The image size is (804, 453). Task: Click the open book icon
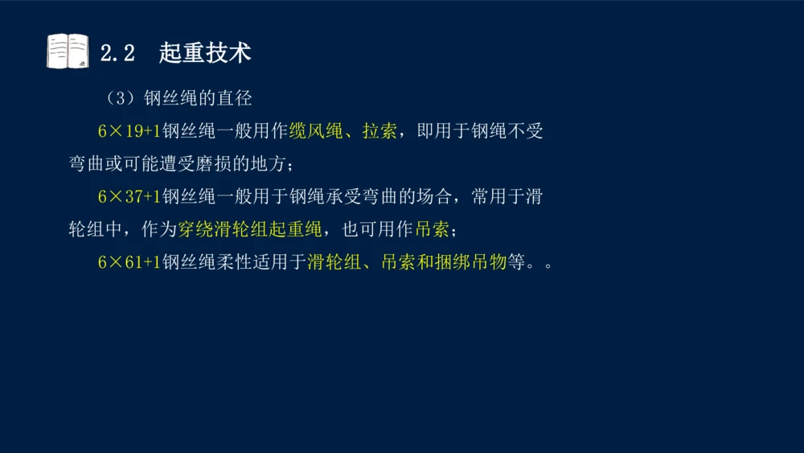[68, 51]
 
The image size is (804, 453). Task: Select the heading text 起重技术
[205, 53]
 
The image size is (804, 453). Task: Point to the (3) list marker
[117, 99]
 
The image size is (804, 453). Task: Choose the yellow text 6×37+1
[129, 197]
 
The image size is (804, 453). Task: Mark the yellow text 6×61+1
[129, 263]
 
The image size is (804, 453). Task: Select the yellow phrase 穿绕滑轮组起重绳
[249, 230]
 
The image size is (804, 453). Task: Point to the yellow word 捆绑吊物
[470, 263]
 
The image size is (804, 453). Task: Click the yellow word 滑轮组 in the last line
[334, 263]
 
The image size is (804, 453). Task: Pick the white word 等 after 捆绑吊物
[515, 263]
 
